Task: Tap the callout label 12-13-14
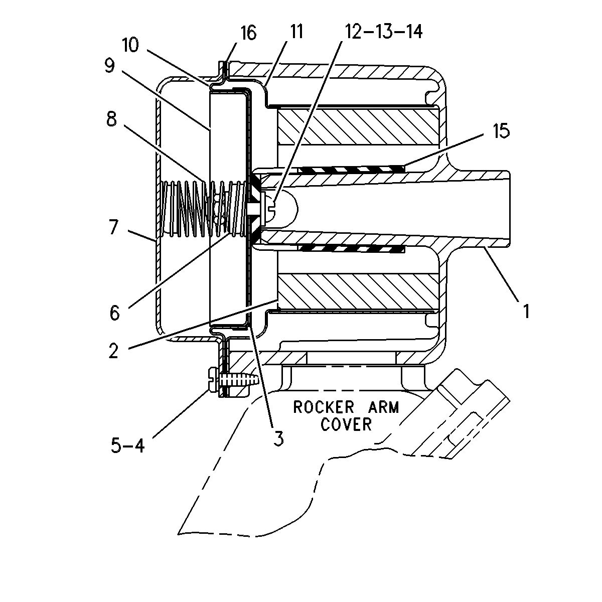click(x=384, y=31)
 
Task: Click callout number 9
click(x=109, y=67)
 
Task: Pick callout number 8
click(x=111, y=120)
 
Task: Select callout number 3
click(x=278, y=438)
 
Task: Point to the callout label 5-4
click(x=128, y=445)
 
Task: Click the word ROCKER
click(x=324, y=407)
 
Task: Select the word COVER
click(x=347, y=424)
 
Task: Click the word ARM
click(x=383, y=407)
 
